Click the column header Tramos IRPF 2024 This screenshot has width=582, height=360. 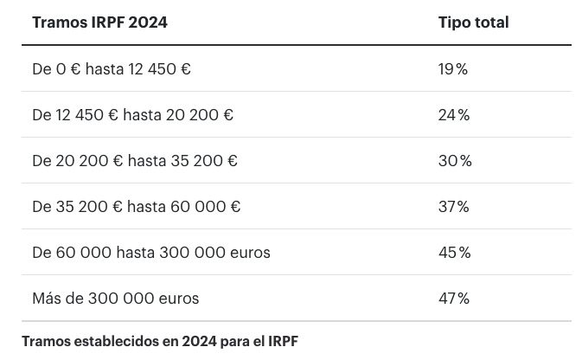tap(99, 22)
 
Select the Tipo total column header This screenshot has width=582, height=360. tap(473, 22)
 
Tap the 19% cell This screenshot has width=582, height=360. tap(453, 69)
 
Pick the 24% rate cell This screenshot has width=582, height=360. tap(454, 115)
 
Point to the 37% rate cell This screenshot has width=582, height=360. tap(454, 207)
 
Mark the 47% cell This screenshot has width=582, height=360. tap(454, 299)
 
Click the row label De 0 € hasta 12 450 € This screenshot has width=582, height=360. tap(112, 69)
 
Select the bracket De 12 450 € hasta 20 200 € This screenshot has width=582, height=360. tap(132, 115)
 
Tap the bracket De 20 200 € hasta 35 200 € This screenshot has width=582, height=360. tap(135, 161)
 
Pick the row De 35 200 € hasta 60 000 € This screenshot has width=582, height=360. tap(136, 207)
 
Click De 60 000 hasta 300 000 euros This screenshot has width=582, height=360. tap(150, 253)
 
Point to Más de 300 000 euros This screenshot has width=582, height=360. tap(115, 299)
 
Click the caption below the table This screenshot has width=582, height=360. tap(160, 340)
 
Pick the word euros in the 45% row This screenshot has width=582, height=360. tap(249, 253)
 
